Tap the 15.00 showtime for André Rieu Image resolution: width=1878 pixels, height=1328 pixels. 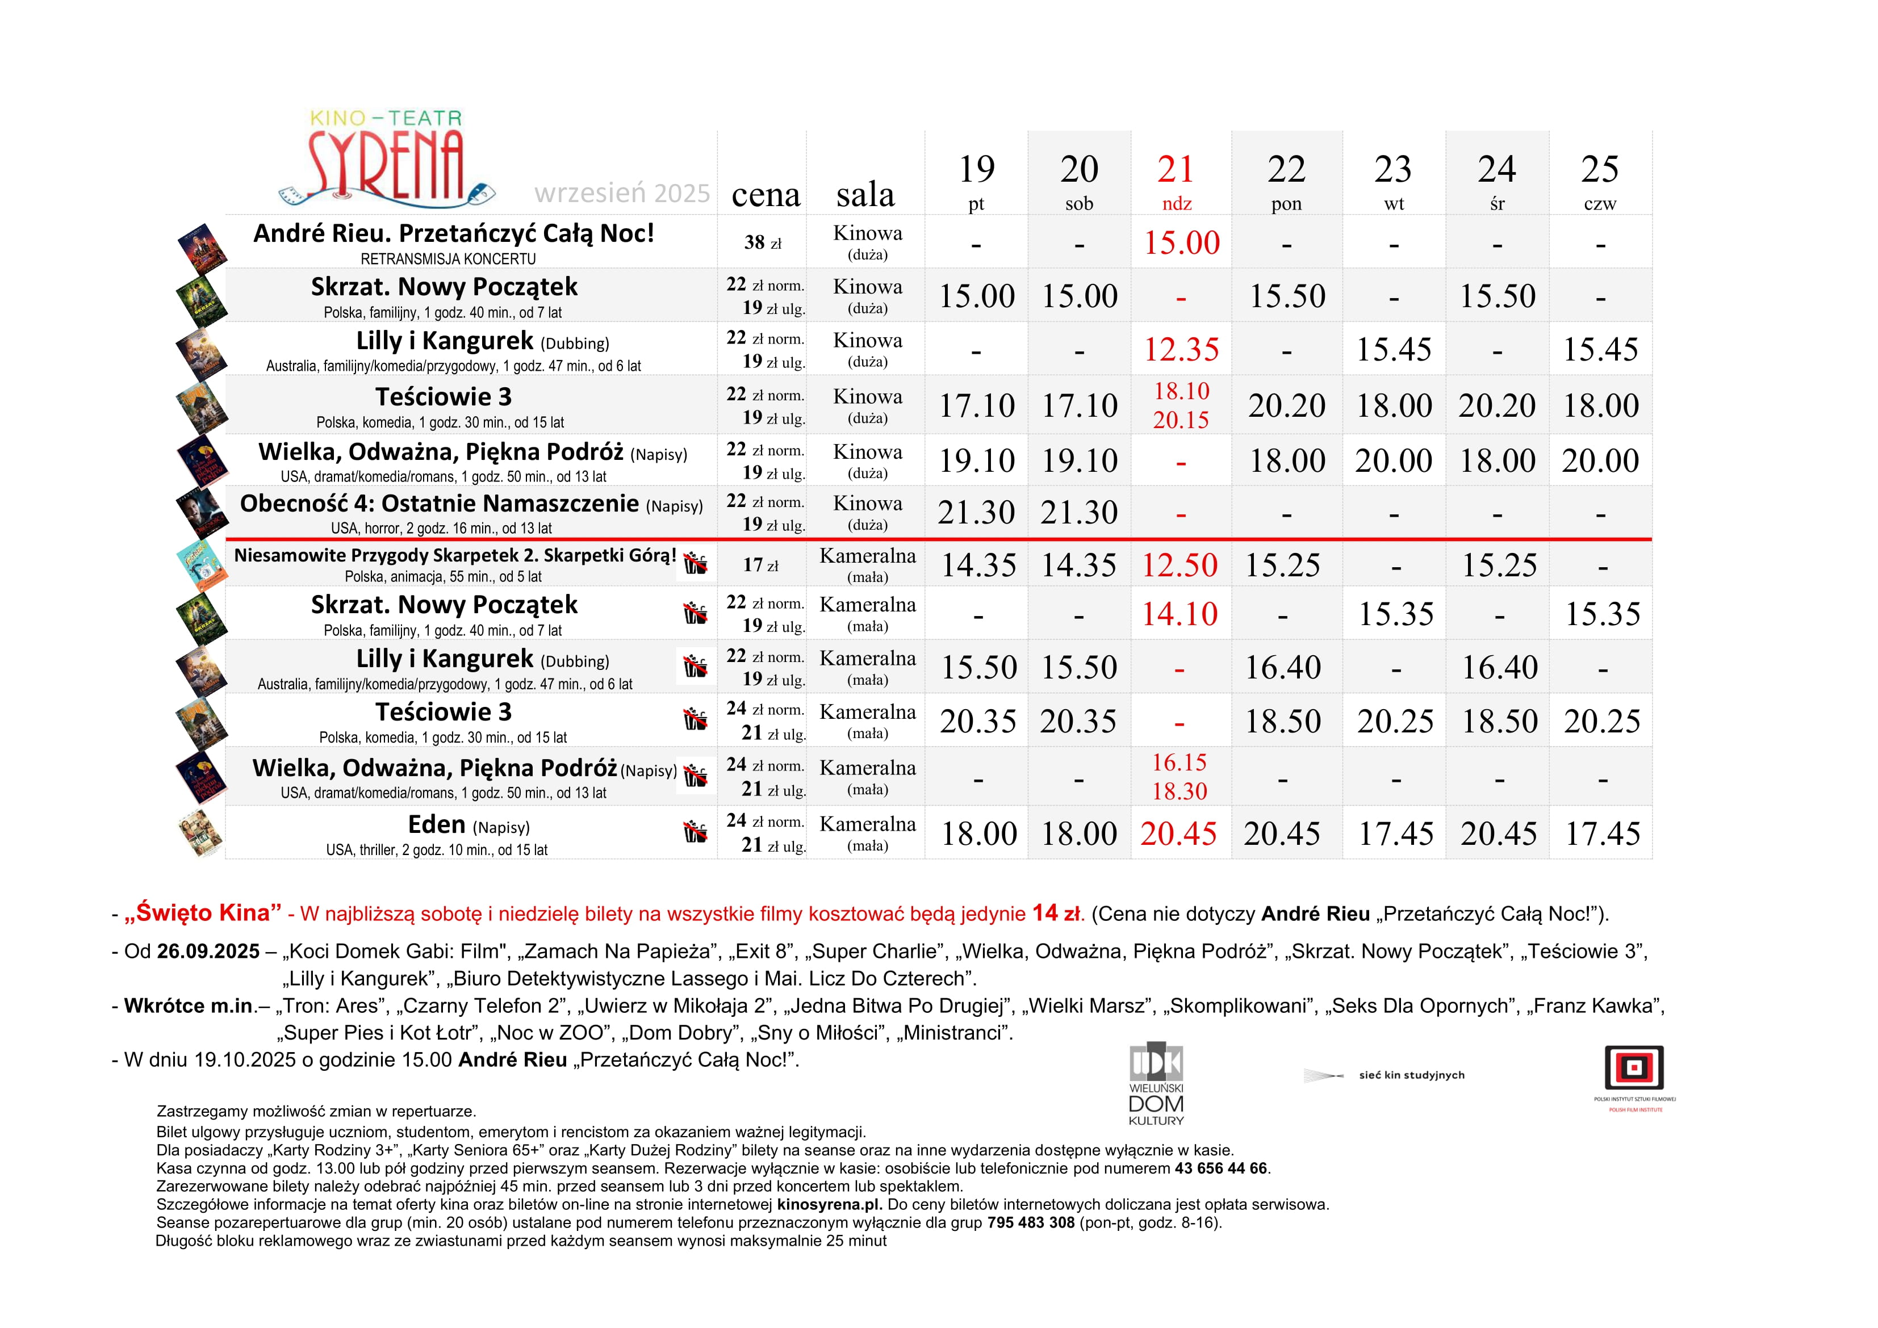1181,243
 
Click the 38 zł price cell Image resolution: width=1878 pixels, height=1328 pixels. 762,243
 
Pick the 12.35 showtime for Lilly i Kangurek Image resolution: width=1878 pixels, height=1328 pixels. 1181,350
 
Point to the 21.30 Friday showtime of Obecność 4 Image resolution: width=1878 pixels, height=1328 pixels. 976,513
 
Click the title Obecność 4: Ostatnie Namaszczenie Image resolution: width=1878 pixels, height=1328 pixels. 439,504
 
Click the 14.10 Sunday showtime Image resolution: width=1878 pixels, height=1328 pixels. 1179,614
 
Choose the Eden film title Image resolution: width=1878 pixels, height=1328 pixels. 437,824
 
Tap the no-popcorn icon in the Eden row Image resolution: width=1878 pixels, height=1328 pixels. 695,832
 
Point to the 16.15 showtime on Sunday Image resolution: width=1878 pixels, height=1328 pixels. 1179,763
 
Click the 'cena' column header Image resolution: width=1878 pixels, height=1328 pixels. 766,195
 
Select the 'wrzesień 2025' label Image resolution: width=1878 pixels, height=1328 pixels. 622,194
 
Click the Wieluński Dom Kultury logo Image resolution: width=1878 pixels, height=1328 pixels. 1156,1083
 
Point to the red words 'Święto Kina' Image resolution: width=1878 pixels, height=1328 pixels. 203,914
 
